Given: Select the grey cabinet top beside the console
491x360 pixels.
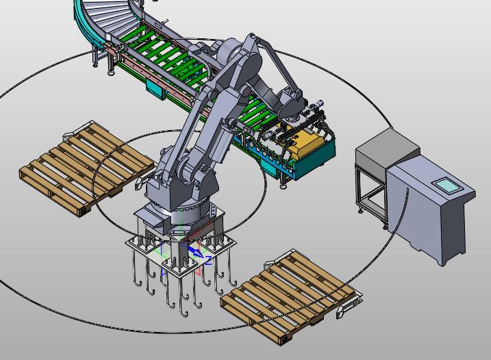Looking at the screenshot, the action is [x=388, y=146].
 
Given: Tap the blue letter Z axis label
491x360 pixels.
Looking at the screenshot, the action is [x=208, y=261].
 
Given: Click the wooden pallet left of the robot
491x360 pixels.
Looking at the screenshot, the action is [x=86, y=168].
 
